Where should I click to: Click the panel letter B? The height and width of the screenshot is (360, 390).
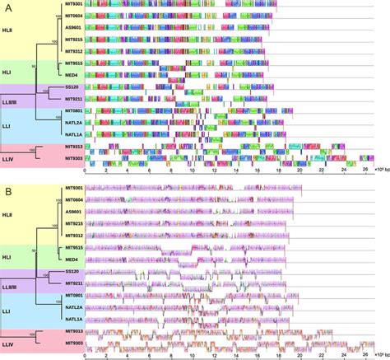click(x=7, y=190)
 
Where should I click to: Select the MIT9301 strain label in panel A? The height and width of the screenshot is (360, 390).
click(x=73, y=5)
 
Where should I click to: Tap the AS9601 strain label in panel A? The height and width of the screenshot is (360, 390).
click(x=73, y=28)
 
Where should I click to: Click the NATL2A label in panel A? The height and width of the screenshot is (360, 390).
click(x=73, y=122)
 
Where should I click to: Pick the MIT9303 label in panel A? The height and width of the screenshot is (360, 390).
click(x=73, y=157)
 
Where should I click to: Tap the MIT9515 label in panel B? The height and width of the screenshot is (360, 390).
click(x=73, y=247)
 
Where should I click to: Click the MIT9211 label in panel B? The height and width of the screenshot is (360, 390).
click(x=73, y=283)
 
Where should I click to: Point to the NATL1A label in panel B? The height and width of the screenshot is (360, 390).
click(x=73, y=318)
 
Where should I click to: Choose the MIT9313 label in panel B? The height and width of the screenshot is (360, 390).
click(x=73, y=330)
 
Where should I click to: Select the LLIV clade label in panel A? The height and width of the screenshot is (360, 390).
click(x=10, y=152)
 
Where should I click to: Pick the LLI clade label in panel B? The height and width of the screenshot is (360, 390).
click(x=9, y=306)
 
